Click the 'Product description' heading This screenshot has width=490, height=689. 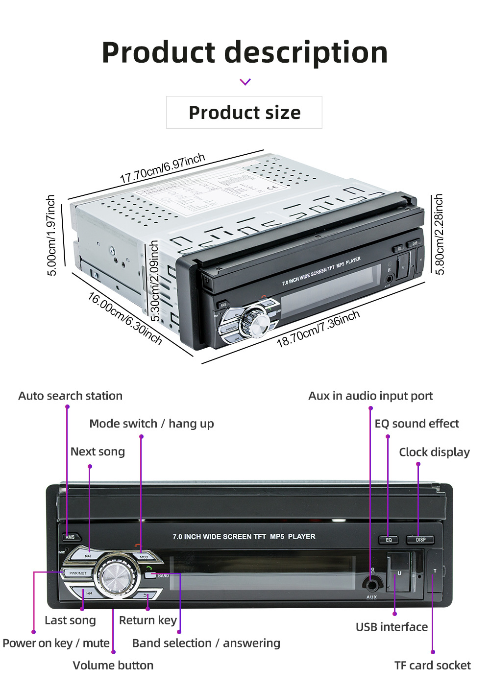click(x=245, y=52)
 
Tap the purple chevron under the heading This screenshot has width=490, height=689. click(x=245, y=82)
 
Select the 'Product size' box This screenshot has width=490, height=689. click(x=244, y=113)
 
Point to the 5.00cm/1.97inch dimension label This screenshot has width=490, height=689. click(x=51, y=235)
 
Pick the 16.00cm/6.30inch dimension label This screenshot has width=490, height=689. click(x=125, y=318)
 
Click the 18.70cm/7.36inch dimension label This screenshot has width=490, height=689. click(x=318, y=329)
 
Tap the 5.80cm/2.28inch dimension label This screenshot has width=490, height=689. click(x=439, y=234)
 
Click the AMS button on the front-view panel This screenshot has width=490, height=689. click(x=71, y=537)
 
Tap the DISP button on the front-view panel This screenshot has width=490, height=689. click(x=420, y=540)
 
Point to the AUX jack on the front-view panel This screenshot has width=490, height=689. click(x=372, y=584)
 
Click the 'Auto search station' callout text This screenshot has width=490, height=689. click(x=71, y=396)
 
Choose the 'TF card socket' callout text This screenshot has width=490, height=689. click(x=432, y=665)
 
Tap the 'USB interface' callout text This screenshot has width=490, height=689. click(x=392, y=627)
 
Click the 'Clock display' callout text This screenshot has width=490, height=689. click(x=434, y=452)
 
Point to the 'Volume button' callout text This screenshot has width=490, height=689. click(x=113, y=665)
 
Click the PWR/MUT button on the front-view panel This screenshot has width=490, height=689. click(x=77, y=573)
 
